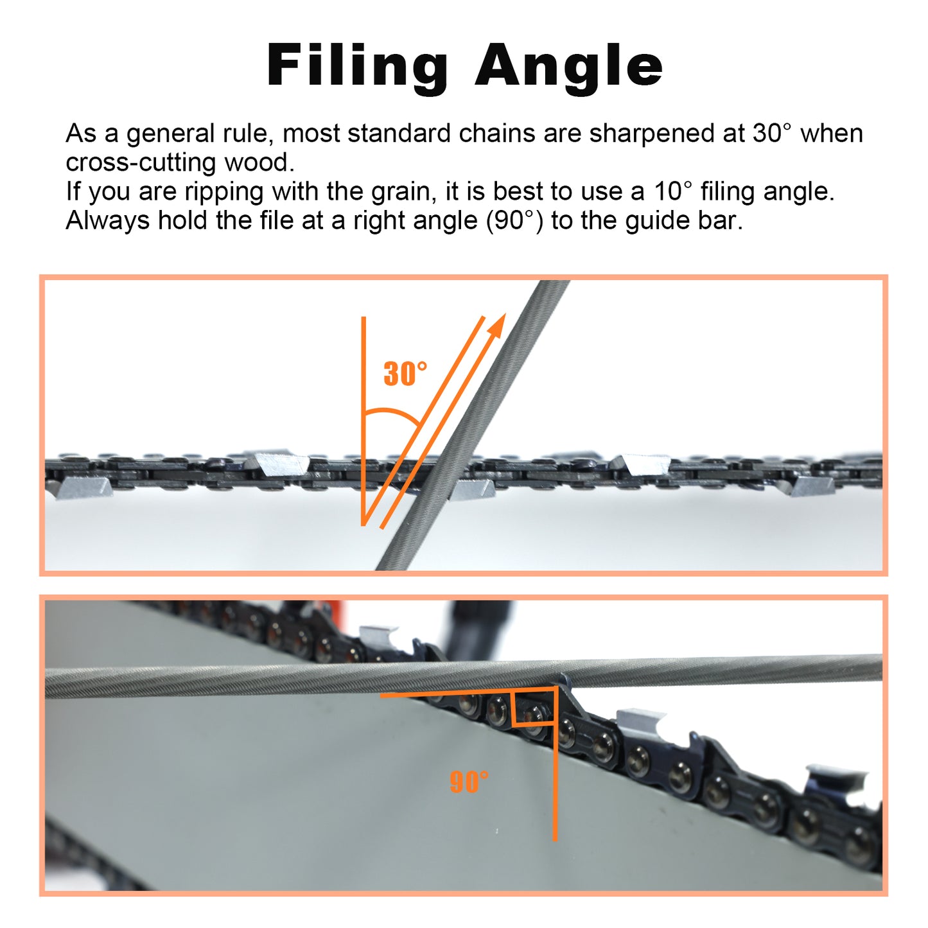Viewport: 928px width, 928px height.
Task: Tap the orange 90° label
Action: coord(469,781)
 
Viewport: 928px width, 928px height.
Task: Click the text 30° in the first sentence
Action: coord(771,133)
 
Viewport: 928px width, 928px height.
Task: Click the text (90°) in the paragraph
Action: coord(514,221)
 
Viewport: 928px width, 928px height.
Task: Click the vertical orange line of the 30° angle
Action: coord(363,421)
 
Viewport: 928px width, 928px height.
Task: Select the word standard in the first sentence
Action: coord(399,134)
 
